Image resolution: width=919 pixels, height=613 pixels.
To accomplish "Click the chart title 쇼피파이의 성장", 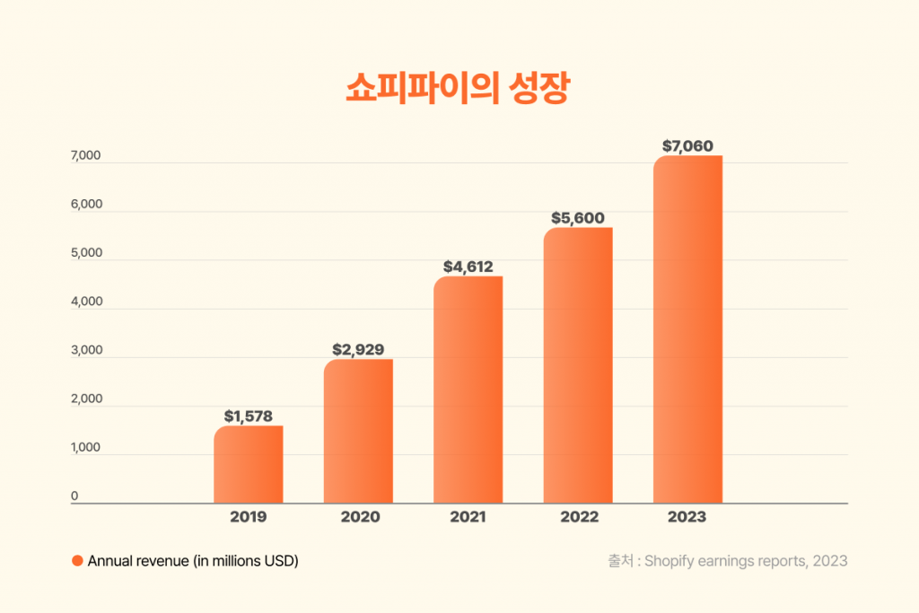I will point(458,90).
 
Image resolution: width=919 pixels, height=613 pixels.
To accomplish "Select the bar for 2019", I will point(248,464).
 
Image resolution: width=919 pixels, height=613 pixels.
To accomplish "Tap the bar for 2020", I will point(358,431).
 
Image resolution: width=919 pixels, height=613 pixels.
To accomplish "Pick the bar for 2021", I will point(468,390).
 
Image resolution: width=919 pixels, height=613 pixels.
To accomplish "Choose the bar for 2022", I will point(578,365).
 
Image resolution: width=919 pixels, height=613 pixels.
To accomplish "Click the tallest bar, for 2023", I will point(687,329).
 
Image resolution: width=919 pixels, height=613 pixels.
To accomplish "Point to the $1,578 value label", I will point(248,416).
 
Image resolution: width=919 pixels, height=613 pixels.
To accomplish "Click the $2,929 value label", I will point(358,349).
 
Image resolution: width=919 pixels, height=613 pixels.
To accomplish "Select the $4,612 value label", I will point(468,267).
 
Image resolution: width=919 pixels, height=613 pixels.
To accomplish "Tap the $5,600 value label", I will point(578,218).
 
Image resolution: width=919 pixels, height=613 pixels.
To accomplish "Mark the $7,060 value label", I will point(687,145).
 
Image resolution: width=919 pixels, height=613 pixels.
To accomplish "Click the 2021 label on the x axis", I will point(468,517).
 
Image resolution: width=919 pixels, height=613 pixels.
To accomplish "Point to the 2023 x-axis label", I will point(687,517).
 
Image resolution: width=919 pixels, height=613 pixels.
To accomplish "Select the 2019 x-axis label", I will point(248,517).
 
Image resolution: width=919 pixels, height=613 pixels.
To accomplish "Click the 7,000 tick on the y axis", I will point(86,156).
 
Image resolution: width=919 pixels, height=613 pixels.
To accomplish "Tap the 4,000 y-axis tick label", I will point(86,302).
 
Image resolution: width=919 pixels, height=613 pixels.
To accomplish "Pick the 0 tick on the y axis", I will point(74,495).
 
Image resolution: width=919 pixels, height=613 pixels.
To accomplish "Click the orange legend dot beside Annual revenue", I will point(77,561).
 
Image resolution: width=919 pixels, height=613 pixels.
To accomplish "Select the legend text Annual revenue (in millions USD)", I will point(193,561).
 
